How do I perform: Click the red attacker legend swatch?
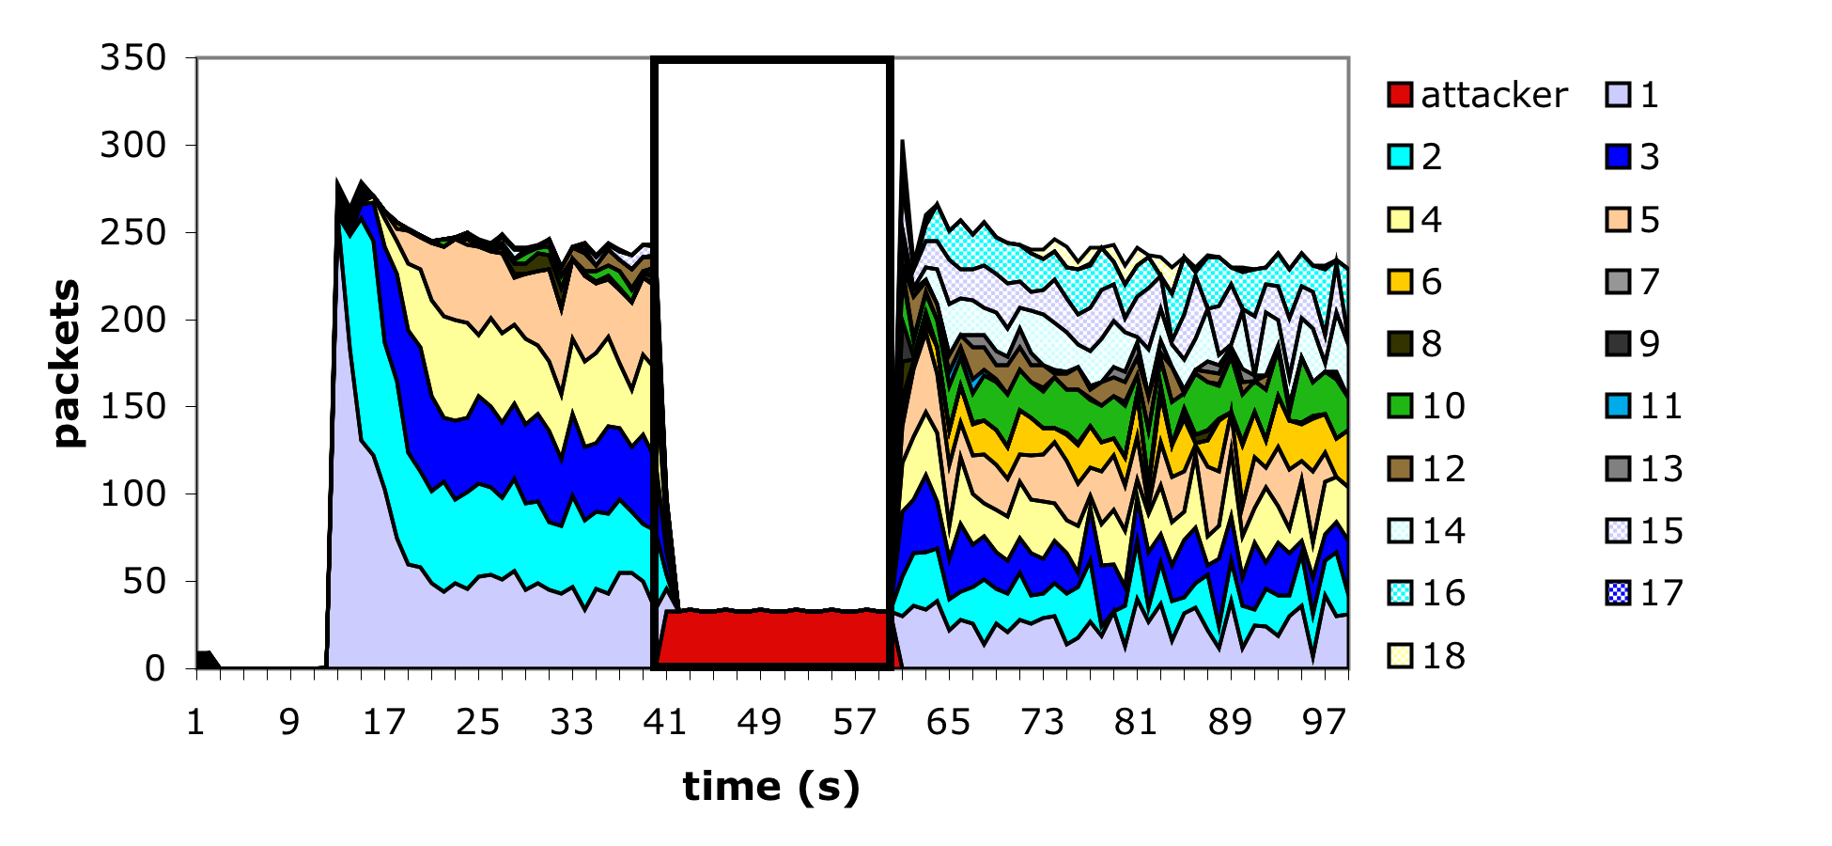point(1400,95)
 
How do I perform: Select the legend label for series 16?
point(1444,593)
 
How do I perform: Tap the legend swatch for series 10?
point(1400,406)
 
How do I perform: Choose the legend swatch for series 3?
point(1618,157)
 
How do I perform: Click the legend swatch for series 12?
point(1400,468)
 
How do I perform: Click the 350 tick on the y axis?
point(133,58)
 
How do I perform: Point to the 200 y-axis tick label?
point(133,320)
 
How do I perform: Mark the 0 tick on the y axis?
point(156,668)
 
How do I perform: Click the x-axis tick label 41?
point(665,722)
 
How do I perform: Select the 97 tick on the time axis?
point(1325,722)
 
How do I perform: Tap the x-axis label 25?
point(477,722)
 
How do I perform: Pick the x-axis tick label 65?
point(948,722)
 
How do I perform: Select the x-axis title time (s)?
point(771,786)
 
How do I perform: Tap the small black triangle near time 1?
point(205,659)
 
